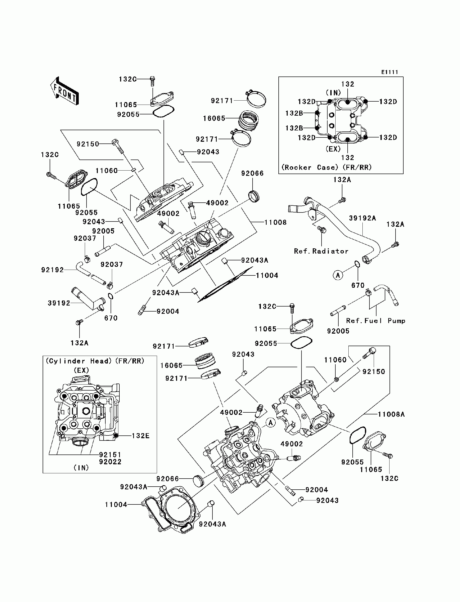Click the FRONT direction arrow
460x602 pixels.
pos(65,91)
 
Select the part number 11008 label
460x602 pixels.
pos(275,222)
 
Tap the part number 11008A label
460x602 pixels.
pos(391,414)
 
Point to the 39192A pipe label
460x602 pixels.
pos(362,218)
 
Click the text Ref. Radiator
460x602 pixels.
pos(321,251)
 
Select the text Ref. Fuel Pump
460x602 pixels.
pos(376,321)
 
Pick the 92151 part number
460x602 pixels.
pos(110,455)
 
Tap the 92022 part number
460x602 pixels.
pos(110,462)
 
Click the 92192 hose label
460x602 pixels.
pos(52,270)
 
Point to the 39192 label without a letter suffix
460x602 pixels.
pos(59,303)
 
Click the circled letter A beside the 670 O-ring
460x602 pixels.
pos(338,275)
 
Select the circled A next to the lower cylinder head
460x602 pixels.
pos(271,423)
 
